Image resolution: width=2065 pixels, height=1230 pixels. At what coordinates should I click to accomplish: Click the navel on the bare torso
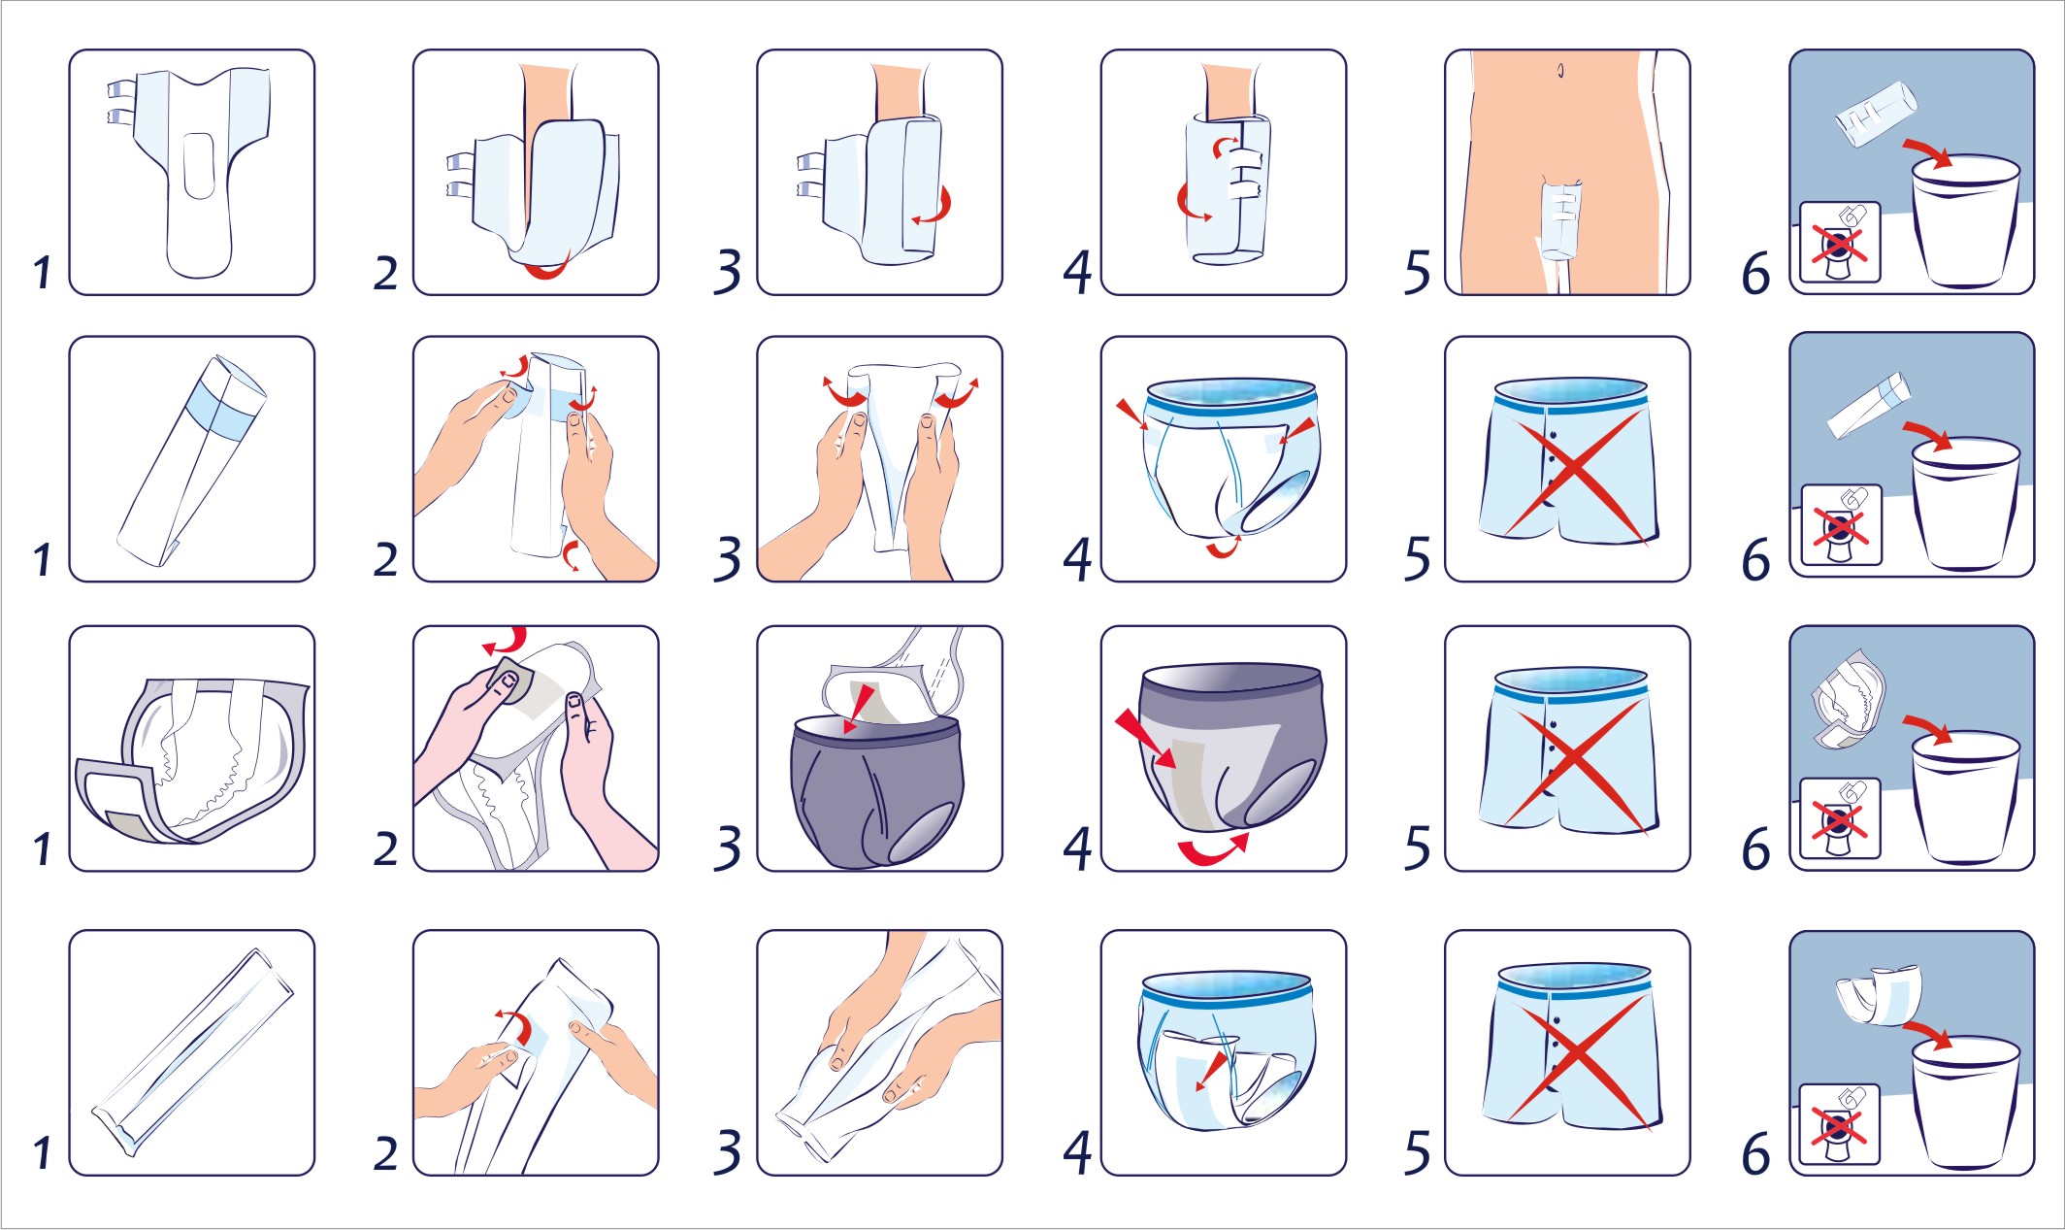[1560, 71]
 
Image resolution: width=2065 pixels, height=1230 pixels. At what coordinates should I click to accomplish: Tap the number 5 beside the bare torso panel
[1418, 272]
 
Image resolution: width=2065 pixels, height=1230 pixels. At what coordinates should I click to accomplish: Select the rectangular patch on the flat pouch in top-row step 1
[199, 166]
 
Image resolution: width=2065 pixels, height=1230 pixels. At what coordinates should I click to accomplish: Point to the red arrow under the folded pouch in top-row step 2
[548, 268]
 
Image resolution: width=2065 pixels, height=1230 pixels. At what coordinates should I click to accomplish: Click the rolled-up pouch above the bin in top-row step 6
[1876, 114]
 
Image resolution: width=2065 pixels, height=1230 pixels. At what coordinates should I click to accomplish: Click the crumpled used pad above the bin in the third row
[1849, 700]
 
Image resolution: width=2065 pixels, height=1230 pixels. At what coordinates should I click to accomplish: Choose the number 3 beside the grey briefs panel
[728, 848]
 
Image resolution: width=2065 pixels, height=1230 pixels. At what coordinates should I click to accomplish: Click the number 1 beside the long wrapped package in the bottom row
[42, 1152]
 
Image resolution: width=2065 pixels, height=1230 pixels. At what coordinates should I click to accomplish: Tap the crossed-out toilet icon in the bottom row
[1839, 1124]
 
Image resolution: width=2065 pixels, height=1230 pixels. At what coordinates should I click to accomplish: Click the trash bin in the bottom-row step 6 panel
[1966, 1102]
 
